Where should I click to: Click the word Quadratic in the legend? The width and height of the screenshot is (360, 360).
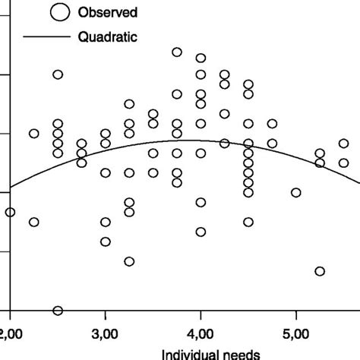tap(106, 36)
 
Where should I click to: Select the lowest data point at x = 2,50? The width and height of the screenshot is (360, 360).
tap(58, 310)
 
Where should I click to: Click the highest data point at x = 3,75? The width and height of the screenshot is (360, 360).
tap(177, 52)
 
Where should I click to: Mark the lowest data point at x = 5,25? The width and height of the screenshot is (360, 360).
tap(320, 271)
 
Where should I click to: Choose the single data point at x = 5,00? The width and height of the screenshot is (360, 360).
tap(296, 192)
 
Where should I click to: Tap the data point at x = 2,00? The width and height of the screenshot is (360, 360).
tap(10, 213)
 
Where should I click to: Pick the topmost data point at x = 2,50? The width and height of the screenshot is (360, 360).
tap(58, 74)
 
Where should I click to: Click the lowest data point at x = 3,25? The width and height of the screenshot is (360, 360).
tap(129, 261)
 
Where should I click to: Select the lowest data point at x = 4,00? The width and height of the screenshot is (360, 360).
tap(201, 232)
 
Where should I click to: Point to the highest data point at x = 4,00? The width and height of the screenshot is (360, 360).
tap(201, 58)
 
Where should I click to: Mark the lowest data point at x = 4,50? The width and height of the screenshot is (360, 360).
tap(248, 222)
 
